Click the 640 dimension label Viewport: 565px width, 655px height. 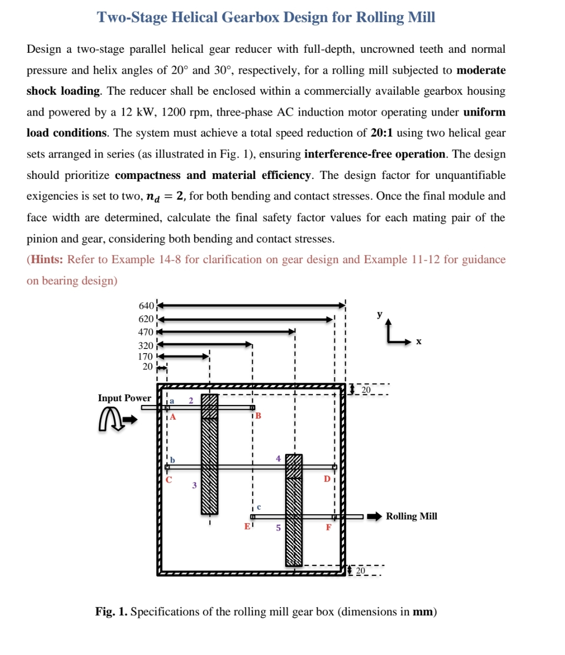(146, 306)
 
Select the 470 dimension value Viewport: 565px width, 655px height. (146, 332)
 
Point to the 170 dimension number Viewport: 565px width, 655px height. (145, 357)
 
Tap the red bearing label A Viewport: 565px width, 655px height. (173, 417)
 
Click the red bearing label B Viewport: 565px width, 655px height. (258, 416)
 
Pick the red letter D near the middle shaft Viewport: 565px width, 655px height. (327, 479)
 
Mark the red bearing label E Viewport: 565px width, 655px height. (247, 526)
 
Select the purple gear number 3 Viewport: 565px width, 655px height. (194, 485)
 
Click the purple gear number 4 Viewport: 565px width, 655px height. (278, 459)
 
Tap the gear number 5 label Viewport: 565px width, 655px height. (278, 528)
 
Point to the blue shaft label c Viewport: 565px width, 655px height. (258, 507)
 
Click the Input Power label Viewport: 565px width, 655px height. (125, 398)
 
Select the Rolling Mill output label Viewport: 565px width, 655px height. (411, 516)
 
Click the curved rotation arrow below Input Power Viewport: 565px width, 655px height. (111, 420)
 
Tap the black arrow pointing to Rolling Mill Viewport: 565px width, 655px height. (375, 516)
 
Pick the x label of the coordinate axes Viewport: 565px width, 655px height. (419, 342)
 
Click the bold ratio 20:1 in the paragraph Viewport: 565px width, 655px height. (381, 133)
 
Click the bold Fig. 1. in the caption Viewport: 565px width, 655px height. (111, 612)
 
